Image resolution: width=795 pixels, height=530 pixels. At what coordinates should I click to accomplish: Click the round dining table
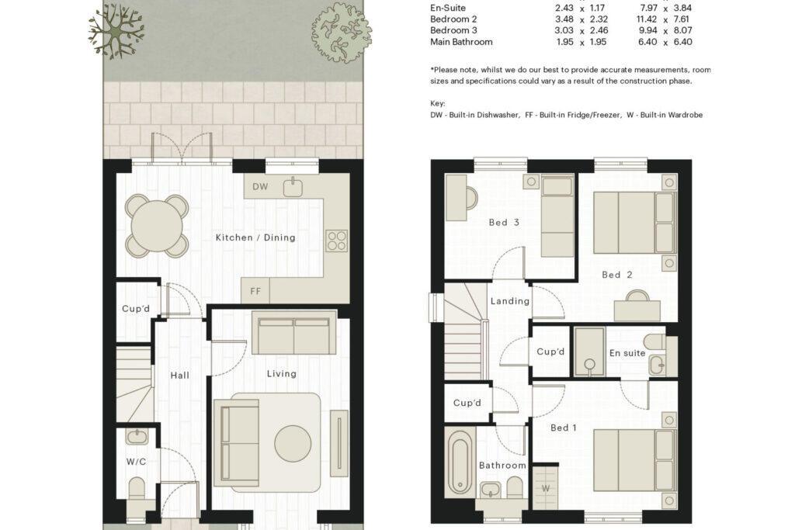[x=157, y=226]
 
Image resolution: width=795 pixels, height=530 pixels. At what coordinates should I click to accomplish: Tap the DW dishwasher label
[x=260, y=186]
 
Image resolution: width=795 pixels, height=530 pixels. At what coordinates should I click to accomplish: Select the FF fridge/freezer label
[x=255, y=291]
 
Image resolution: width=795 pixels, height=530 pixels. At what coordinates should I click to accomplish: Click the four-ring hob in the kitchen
[x=337, y=241]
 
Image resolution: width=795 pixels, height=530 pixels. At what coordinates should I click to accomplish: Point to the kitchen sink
[x=293, y=187]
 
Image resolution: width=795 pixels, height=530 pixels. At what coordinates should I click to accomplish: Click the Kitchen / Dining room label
[x=255, y=237]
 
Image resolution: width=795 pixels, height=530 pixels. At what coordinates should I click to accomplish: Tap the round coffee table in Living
[x=293, y=443]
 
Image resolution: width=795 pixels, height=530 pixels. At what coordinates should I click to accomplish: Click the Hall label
[x=180, y=376]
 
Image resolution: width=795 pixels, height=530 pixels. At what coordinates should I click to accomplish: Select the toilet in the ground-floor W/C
[x=137, y=488]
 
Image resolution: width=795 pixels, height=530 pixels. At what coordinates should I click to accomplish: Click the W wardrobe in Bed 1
[x=546, y=487]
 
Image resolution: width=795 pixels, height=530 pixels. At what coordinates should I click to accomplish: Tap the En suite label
[x=627, y=353]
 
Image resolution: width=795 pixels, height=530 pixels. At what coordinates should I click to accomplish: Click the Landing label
[x=510, y=301]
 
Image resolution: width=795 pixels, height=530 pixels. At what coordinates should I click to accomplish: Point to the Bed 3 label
[x=504, y=223]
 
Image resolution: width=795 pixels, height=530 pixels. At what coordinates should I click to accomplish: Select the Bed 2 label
[x=617, y=275]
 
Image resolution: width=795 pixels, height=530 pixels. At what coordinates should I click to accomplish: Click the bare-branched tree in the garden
[x=116, y=31]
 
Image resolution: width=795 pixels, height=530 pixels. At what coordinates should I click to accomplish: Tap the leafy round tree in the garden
[x=342, y=33]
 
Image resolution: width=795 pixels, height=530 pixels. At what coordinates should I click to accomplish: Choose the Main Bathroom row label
[x=461, y=42]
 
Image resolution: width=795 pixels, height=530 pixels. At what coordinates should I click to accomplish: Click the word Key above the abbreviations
[x=438, y=104]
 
